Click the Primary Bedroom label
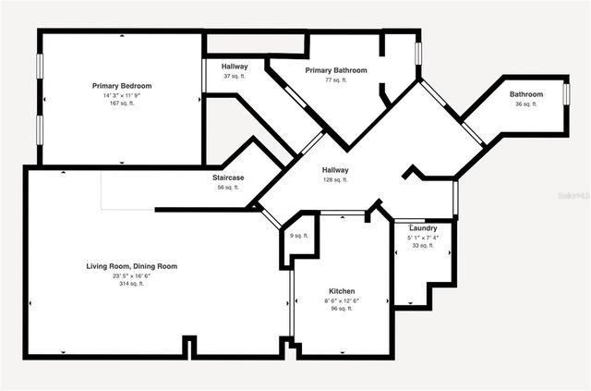[x=122, y=86]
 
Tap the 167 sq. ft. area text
[x=122, y=104]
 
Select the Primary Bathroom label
[x=336, y=70]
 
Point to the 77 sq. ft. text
[x=336, y=80]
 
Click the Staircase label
[x=227, y=177]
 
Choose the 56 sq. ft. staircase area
[x=227, y=188]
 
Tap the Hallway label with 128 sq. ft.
[x=335, y=170]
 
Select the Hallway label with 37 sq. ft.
[x=235, y=67]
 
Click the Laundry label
[x=423, y=227]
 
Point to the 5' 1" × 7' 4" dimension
[x=423, y=238]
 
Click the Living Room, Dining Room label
[x=132, y=266]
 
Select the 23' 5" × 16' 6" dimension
[x=132, y=275]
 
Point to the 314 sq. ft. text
[x=132, y=285]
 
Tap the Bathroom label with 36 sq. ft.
[x=526, y=94]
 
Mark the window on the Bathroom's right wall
[x=565, y=94]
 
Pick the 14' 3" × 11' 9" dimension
[x=122, y=95]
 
